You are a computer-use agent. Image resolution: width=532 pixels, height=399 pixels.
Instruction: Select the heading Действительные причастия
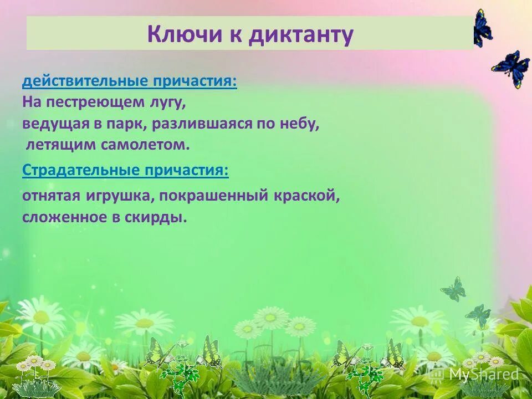click(130, 81)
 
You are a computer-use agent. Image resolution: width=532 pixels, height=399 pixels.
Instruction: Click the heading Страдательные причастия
click(125, 170)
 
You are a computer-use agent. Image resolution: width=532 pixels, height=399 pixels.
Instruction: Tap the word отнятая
click(52, 196)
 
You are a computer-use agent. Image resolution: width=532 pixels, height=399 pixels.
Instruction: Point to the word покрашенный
click(218, 196)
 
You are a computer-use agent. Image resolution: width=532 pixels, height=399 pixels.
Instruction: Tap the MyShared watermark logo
click(475, 375)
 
